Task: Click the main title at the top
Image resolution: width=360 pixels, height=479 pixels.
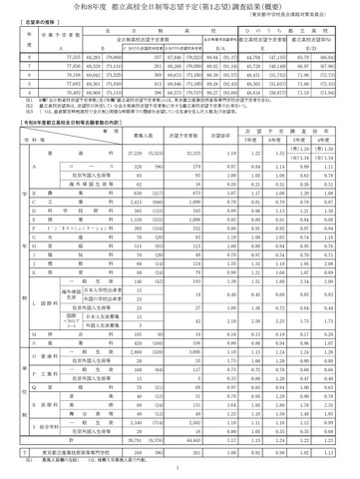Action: point(180,11)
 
